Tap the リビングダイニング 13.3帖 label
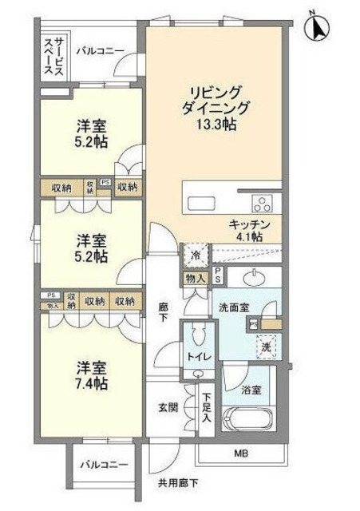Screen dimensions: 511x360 (214, 107)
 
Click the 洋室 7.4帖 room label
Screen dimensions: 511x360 (92, 376)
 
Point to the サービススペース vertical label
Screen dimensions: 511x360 (54, 54)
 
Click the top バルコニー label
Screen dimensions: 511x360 (100, 51)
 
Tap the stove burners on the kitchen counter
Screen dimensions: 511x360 (262, 200)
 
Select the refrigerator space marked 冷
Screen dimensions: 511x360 (196, 255)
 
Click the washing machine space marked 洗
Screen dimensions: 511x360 (267, 347)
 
